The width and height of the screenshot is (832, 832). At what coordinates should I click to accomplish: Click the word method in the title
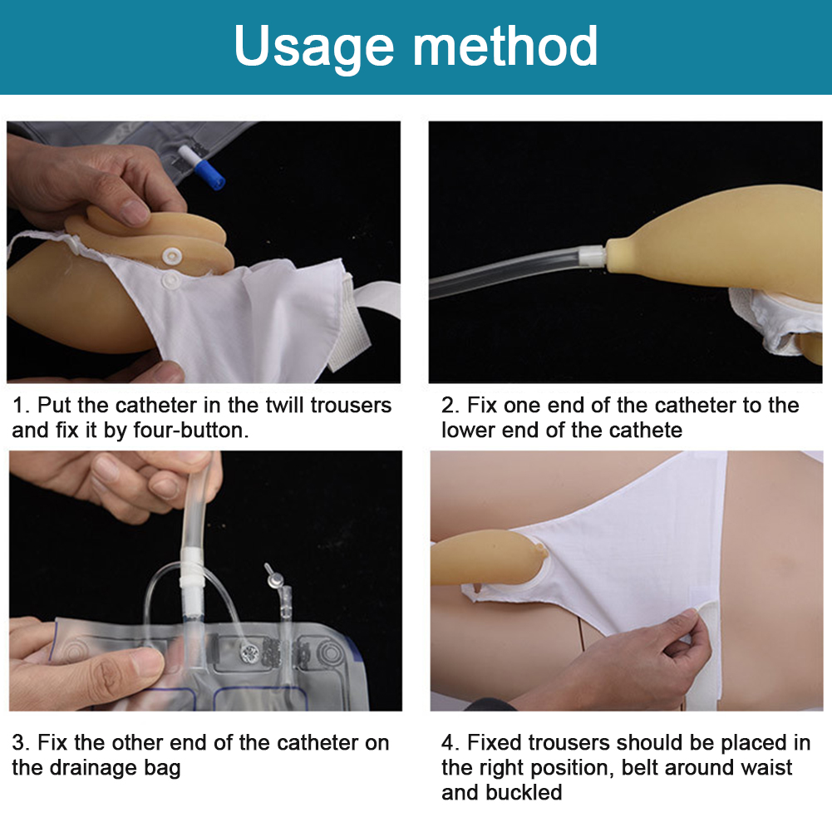point(505,46)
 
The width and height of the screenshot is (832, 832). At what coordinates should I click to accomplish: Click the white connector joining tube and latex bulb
point(593,256)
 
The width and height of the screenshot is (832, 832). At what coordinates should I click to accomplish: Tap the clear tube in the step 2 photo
point(504,271)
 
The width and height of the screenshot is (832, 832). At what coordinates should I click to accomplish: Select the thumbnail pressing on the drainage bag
point(143,663)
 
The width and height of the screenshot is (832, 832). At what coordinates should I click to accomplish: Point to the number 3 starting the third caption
point(19,743)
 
